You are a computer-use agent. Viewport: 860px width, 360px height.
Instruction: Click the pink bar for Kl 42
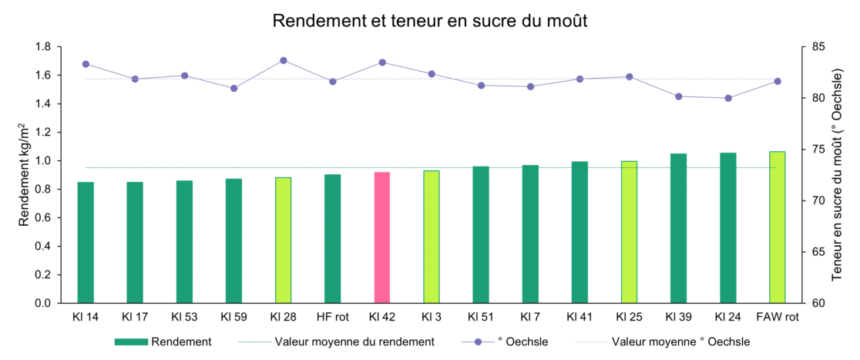[382, 237]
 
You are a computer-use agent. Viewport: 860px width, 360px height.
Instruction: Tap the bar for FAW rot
[777, 227]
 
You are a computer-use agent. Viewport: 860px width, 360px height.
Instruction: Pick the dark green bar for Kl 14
[86, 242]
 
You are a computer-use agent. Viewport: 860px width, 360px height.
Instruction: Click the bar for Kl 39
[678, 228]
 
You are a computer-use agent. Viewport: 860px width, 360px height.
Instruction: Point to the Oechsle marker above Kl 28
[284, 60]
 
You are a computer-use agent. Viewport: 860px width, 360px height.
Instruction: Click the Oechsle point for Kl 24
[727, 98]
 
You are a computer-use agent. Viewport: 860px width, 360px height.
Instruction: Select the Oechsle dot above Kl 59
[234, 88]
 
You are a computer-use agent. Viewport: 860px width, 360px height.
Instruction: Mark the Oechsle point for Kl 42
[382, 62]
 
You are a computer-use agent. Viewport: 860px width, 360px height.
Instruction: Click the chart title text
[430, 22]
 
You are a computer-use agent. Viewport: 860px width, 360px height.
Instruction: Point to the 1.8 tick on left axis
[42, 47]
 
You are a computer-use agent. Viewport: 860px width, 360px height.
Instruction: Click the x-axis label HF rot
[332, 316]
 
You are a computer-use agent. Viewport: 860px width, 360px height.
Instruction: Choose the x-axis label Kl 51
[481, 316]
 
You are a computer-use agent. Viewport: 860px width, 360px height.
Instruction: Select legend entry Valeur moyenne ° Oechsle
[680, 341]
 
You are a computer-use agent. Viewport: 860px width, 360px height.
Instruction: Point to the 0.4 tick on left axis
[42, 247]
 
